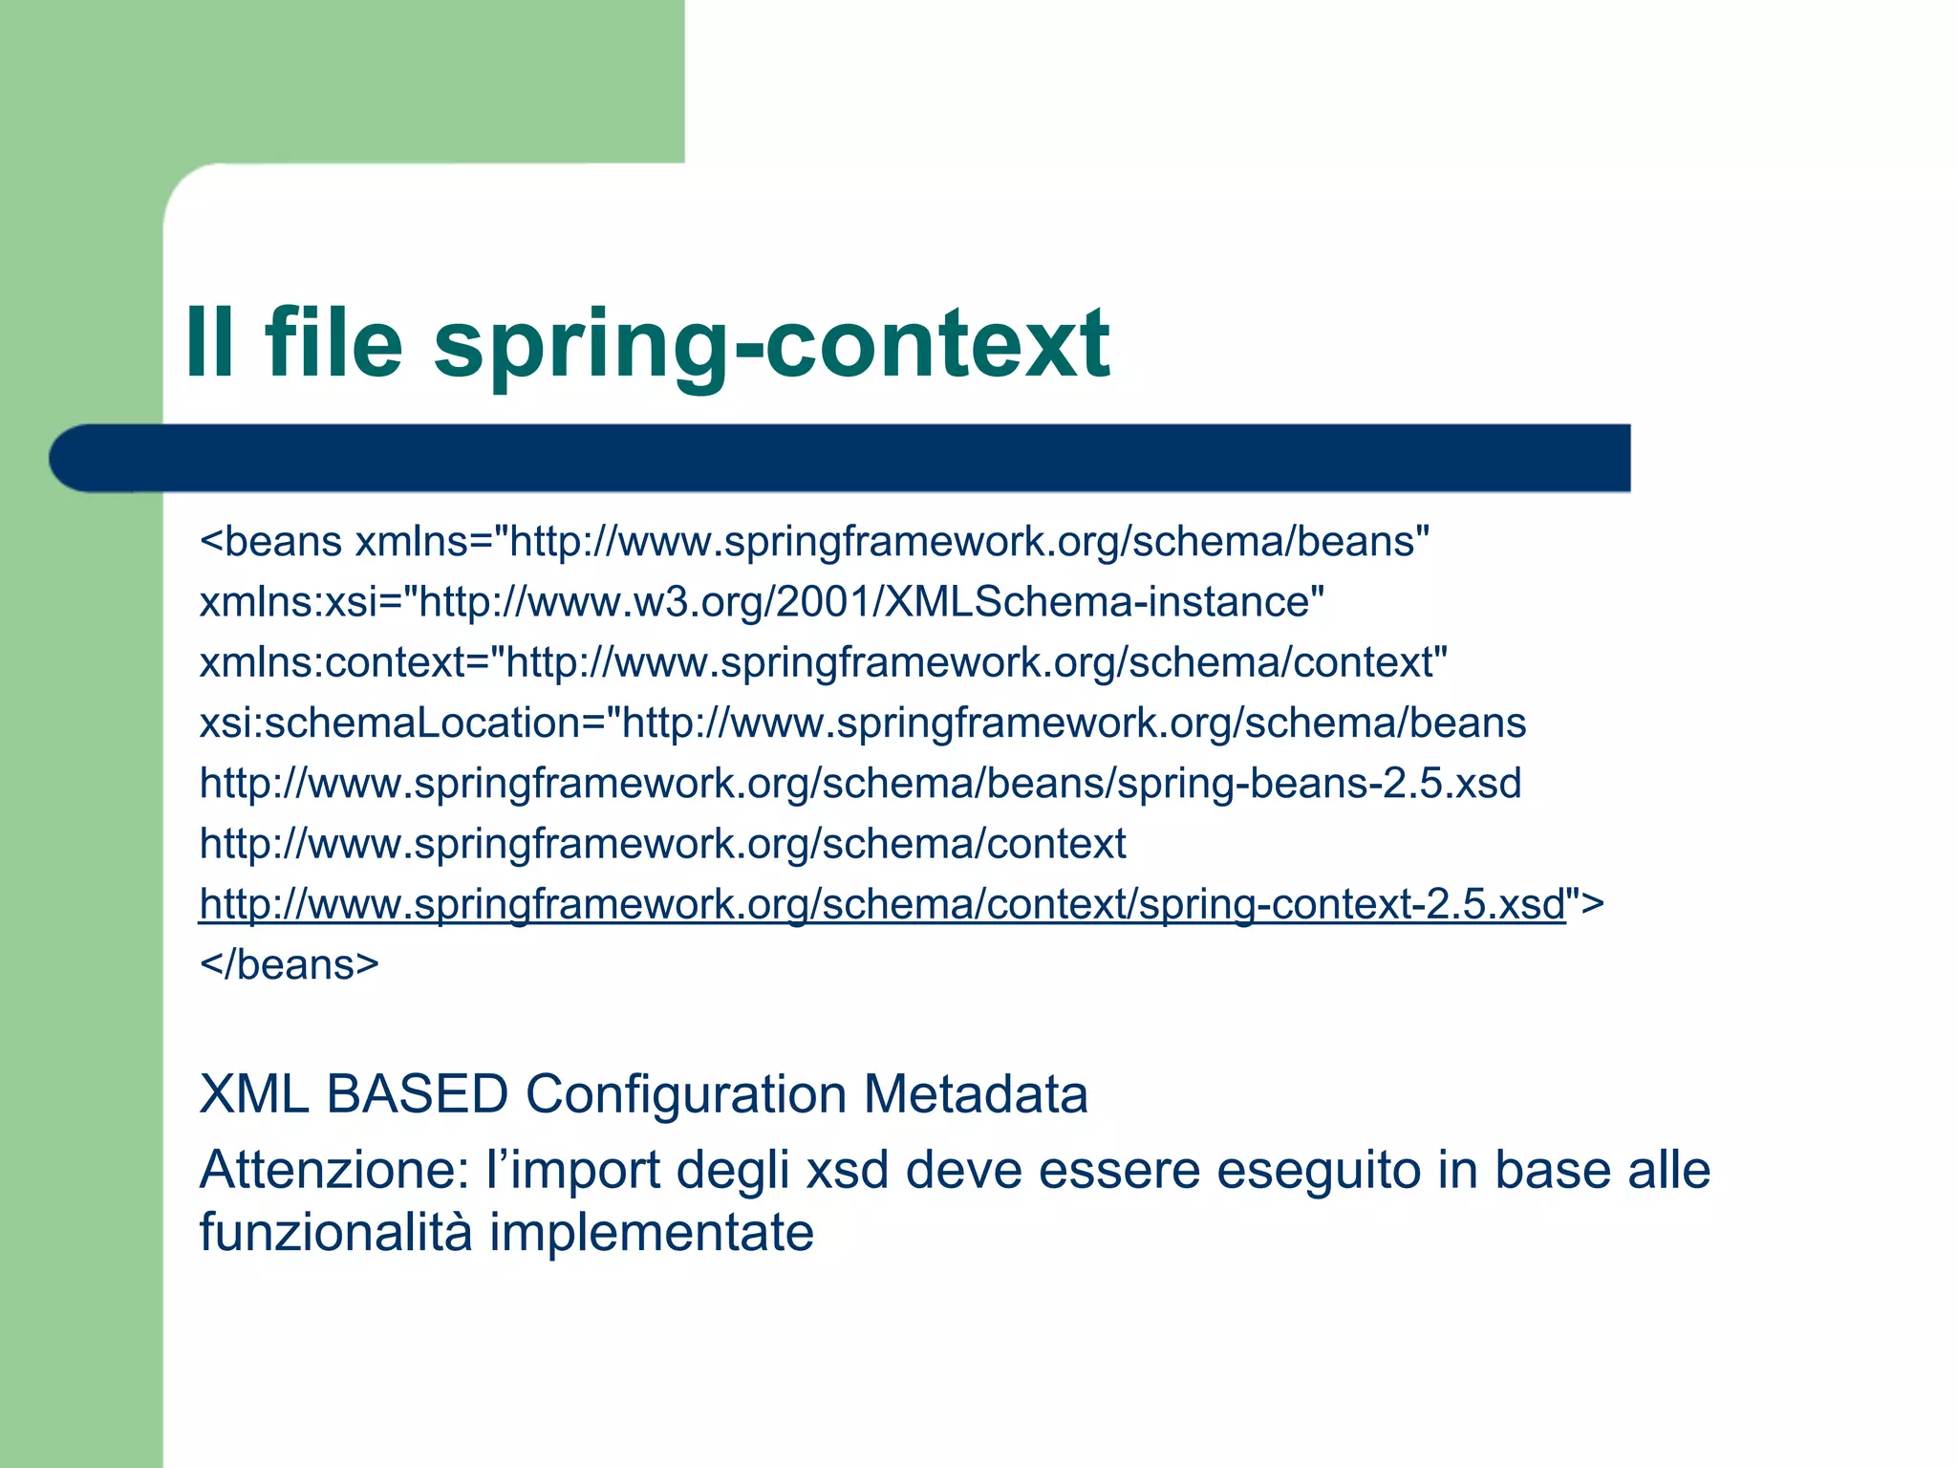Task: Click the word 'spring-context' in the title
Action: tap(770, 346)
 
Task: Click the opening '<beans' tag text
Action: tap(270, 542)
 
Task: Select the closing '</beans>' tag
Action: tap(289, 964)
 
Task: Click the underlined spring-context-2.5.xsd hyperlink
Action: tap(882, 904)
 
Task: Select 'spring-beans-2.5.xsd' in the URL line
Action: tap(1319, 784)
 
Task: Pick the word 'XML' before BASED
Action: tap(254, 1094)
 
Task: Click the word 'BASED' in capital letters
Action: tap(417, 1094)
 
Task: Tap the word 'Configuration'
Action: tap(686, 1094)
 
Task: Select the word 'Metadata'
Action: tap(976, 1094)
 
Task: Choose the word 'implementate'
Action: tap(652, 1233)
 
